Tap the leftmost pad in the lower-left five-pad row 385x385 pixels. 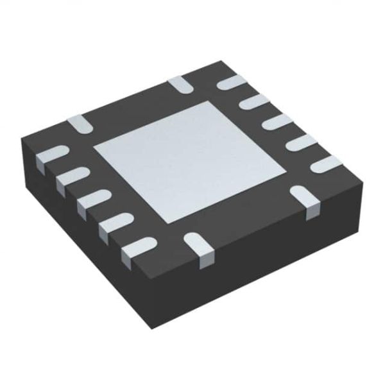pyautogui.click(x=51, y=156)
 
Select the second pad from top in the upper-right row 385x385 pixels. pyautogui.click(x=254, y=101)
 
